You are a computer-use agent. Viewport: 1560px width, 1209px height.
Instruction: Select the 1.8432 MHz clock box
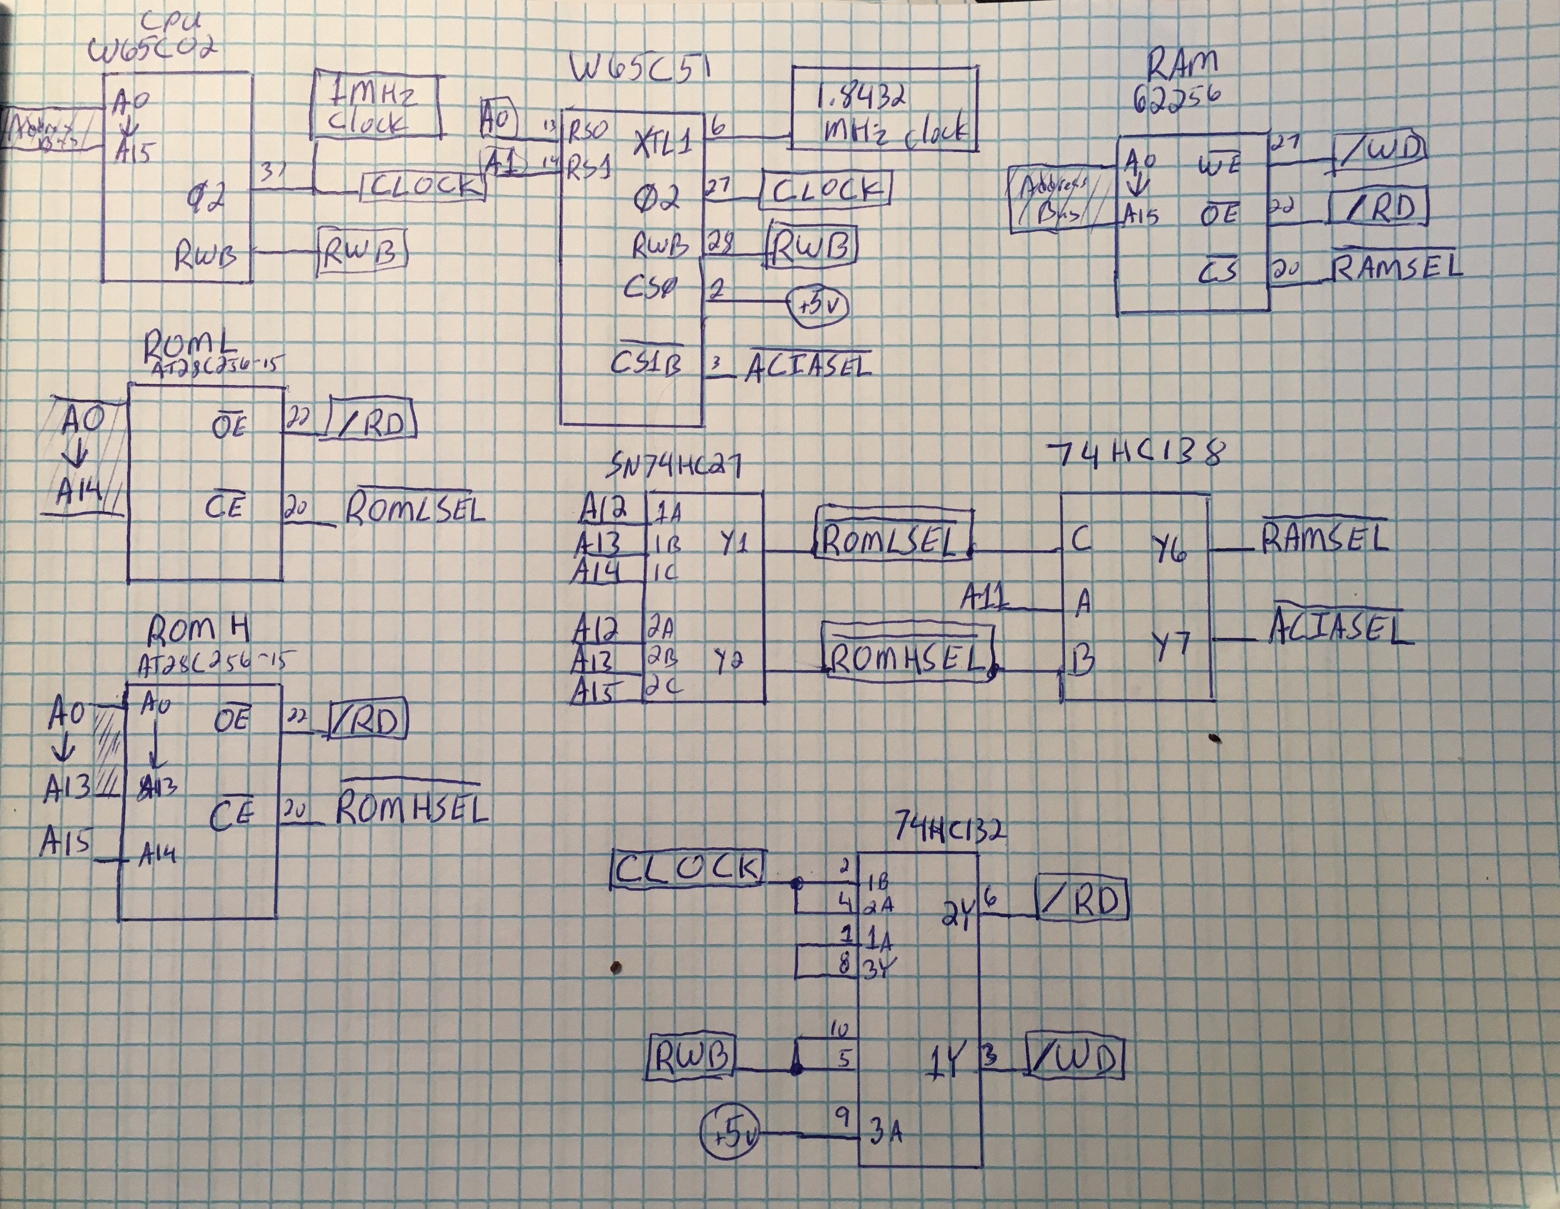point(884,109)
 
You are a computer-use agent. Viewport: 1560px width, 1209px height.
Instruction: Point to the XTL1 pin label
point(663,145)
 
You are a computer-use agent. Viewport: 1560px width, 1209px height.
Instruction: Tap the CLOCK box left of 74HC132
point(687,869)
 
